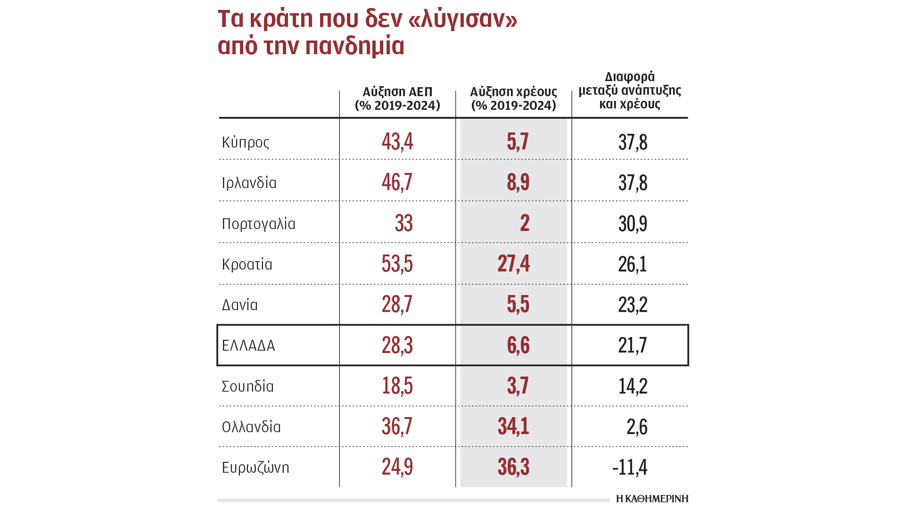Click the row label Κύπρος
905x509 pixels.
(x=246, y=142)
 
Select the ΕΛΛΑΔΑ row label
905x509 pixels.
(x=248, y=345)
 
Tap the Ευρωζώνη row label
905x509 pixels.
(x=255, y=468)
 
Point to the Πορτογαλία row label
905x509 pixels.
(x=258, y=223)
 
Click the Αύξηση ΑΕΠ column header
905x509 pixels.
(x=397, y=99)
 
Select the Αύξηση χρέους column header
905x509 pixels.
(x=514, y=99)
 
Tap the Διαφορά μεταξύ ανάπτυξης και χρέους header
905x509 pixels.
(x=630, y=90)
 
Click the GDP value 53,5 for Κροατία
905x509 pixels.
(x=397, y=264)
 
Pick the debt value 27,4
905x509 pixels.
(x=514, y=264)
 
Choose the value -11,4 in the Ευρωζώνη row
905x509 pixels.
(x=630, y=468)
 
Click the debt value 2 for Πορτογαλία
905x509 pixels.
(x=525, y=223)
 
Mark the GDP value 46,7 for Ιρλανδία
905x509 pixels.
(x=397, y=182)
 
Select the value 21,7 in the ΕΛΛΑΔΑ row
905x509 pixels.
(x=633, y=345)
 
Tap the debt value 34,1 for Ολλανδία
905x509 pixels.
(x=514, y=427)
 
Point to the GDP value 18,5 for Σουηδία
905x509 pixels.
(x=397, y=386)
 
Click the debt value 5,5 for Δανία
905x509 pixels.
(x=518, y=304)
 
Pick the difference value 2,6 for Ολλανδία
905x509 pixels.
(x=637, y=427)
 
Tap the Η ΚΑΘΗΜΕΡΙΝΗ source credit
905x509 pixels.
(x=652, y=499)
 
